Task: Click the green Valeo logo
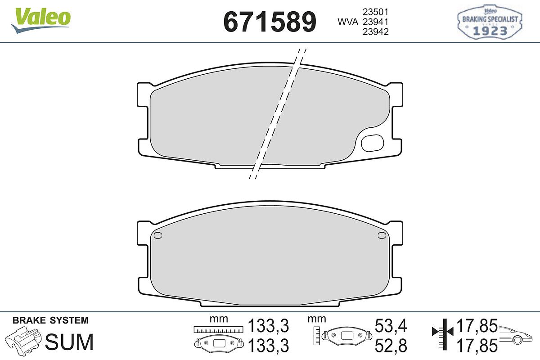point(41,20)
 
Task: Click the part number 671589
point(270,22)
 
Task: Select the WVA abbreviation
point(348,22)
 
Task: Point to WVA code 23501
point(376,12)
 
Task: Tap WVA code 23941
point(376,22)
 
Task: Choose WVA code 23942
point(376,32)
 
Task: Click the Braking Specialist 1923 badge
point(490,22)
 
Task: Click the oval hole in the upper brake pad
point(372,143)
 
